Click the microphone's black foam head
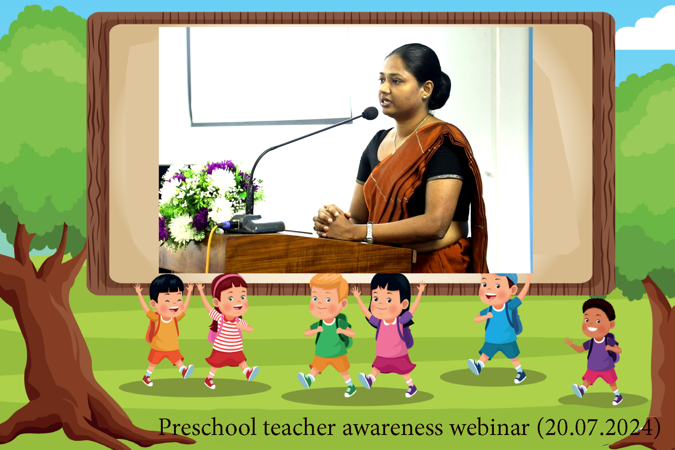pyautogui.click(x=370, y=113)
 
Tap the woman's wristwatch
pyautogui.click(x=370, y=232)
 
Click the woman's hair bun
pyautogui.click(x=441, y=90)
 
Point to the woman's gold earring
pyautogui.click(x=425, y=97)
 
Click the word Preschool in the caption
pyautogui.click(x=207, y=427)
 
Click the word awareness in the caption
pyautogui.click(x=393, y=428)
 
